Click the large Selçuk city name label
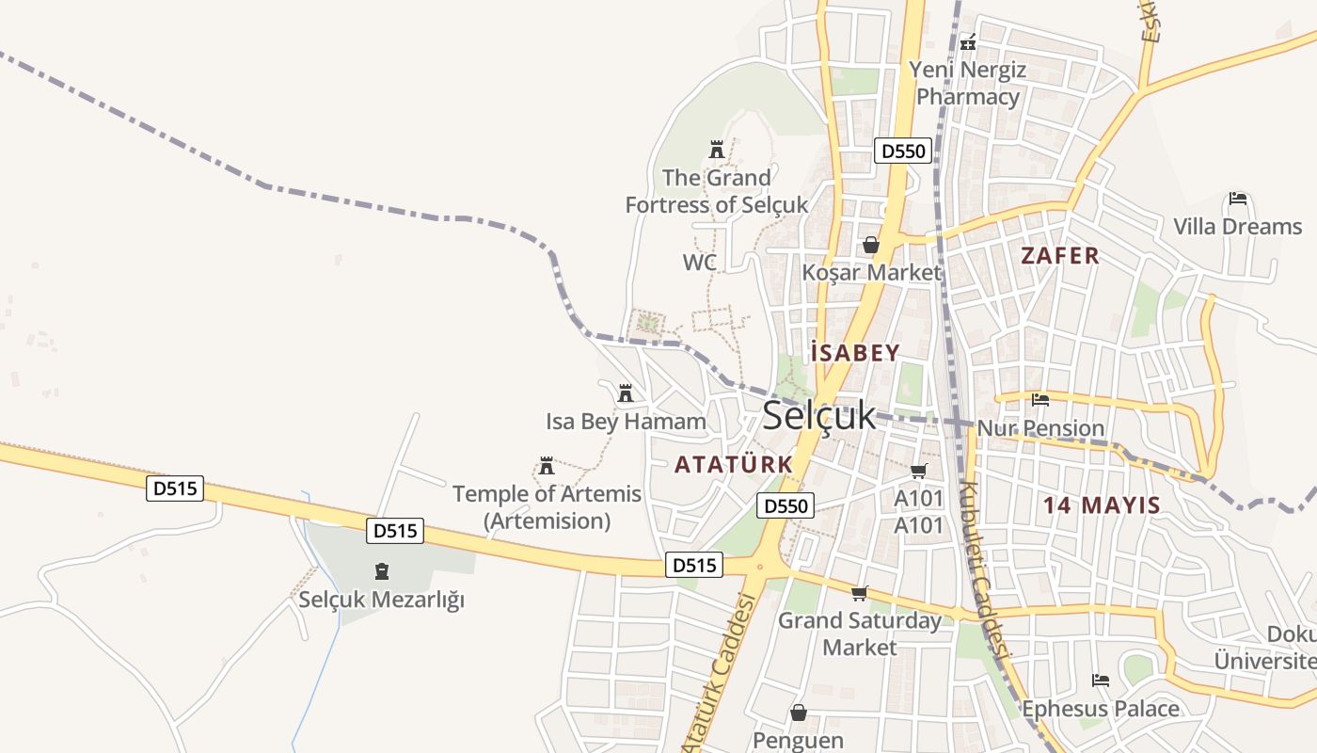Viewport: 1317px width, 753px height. pyautogui.click(x=818, y=415)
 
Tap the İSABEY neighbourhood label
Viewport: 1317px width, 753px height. pyautogui.click(x=855, y=353)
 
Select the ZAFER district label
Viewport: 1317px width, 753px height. pyautogui.click(x=1060, y=255)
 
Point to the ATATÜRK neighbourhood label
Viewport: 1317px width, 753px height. pyautogui.click(x=734, y=464)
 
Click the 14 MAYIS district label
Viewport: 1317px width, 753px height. pyautogui.click(x=1102, y=505)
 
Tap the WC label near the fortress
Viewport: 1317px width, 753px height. pyautogui.click(x=700, y=263)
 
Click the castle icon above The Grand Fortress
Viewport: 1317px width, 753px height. pyautogui.click(x=717, y=149)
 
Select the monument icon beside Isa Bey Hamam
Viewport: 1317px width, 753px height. pyautogui.click(x=625, y=393)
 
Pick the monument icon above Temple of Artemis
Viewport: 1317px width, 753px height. pyautogui.click(x=546, y=465)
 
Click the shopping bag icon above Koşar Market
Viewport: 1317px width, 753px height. pyautogui.click(x=871, y=245)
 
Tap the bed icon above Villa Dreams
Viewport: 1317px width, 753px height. pyautogui.click(x=1238, y=199)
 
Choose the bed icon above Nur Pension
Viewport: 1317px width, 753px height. pyautogui.click(x=1039, y=400)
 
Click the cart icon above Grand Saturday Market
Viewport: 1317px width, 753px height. pyautogui.click(x=859, y=593)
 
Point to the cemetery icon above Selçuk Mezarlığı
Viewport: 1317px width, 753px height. pyautogui.click(x=382, y=570)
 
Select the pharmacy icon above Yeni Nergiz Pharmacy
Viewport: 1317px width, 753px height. pyautogui.click(x=968, y=41)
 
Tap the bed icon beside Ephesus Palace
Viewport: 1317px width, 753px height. pyautogui.click(x=1101, y=680)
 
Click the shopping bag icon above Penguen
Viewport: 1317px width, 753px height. pyautogui.click(x=799, y=713)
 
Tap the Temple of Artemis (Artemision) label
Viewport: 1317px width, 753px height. pyautogui.click(x=547, y=506)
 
